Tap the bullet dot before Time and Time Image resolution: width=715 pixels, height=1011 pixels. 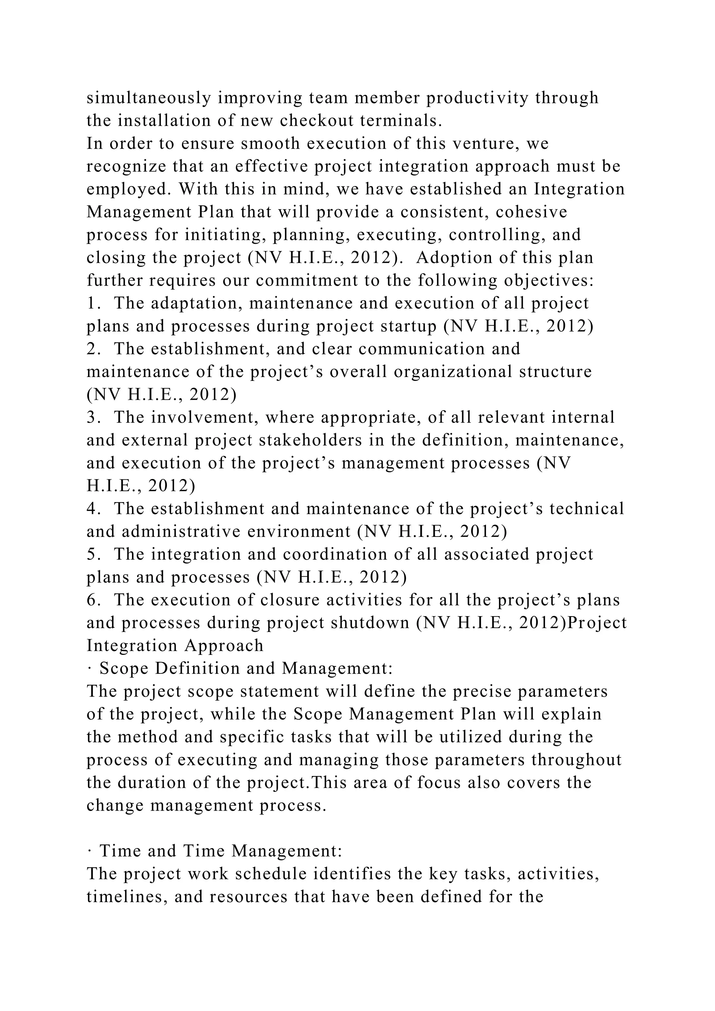(x=89, y=851)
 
